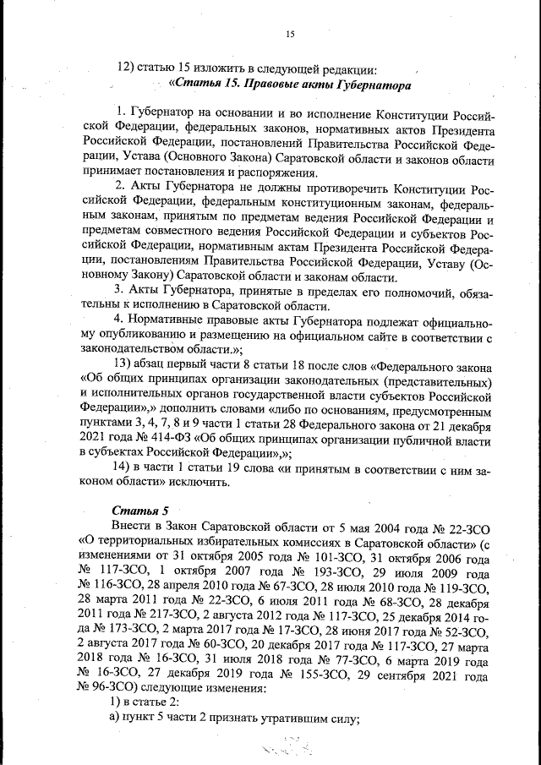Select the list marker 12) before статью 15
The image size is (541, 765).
(x=126, y=68)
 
